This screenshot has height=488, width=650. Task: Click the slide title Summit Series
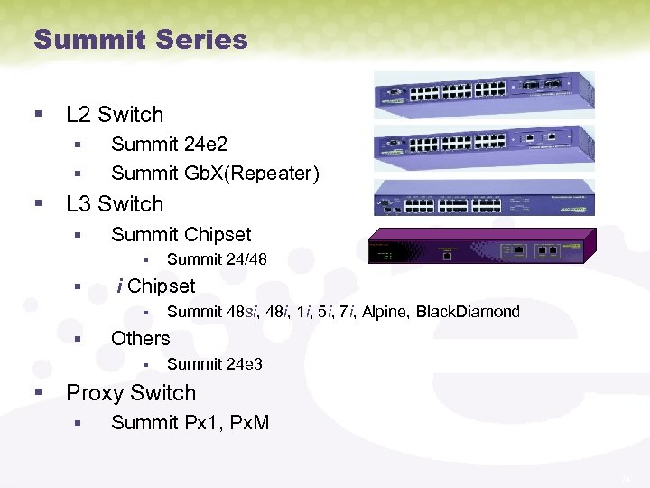click(140, 40)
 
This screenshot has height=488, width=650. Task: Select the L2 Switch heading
click(115, 115)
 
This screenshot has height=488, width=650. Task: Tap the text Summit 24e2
click(169, 144)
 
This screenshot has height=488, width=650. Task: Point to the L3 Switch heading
click(115, 204)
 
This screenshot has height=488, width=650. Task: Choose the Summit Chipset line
click(181, 235)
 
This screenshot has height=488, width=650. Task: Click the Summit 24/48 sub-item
click(217, 259)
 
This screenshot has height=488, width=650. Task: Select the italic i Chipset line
click(156, 286)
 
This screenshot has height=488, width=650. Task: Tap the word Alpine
click(385, 313)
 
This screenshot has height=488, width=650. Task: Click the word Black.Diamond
click(468, 313)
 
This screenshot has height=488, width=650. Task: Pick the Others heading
click(140, 339)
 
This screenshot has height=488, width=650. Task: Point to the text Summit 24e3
click(215, 365)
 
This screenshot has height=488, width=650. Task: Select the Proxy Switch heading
click(131, 393)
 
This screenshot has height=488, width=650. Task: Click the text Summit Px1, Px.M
click(190, 423)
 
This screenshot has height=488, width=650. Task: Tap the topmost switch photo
click(484, 93)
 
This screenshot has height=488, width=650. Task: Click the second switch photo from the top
click(484, 145)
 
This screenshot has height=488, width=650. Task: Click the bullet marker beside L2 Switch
click(37, 115)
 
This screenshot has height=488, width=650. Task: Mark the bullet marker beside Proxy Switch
click(37, 393)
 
